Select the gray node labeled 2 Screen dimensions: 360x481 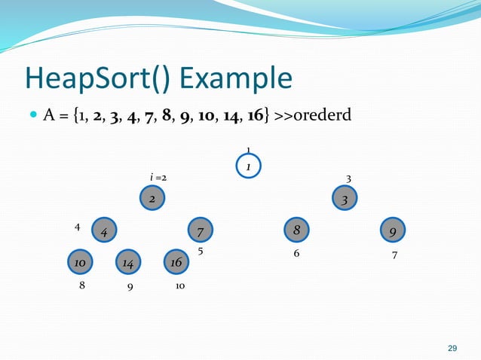click(x=152, y=198)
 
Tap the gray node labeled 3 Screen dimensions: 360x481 click(x=345, y=200)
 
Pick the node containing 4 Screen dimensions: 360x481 click(x=103, y=230)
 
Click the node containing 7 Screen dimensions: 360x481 click(x=200, y=230)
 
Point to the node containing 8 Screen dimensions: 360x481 click(x=296, y=230)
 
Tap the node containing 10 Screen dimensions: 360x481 click(x=78, y=262)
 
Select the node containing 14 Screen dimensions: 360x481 click(x=127, y=263)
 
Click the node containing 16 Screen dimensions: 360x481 click(x=176, y=262)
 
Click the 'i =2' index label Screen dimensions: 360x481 click(x=158, y=178)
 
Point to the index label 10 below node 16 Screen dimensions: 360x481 click(x=181, y=286)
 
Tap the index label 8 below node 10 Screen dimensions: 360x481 click(x=82, y=286)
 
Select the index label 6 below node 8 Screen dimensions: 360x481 click(x=296, y=254)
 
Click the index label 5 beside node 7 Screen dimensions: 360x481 click(x=201, y=252)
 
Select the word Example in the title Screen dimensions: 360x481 click(x=242, y=78)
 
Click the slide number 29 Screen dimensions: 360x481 click(x=452, y=348)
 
